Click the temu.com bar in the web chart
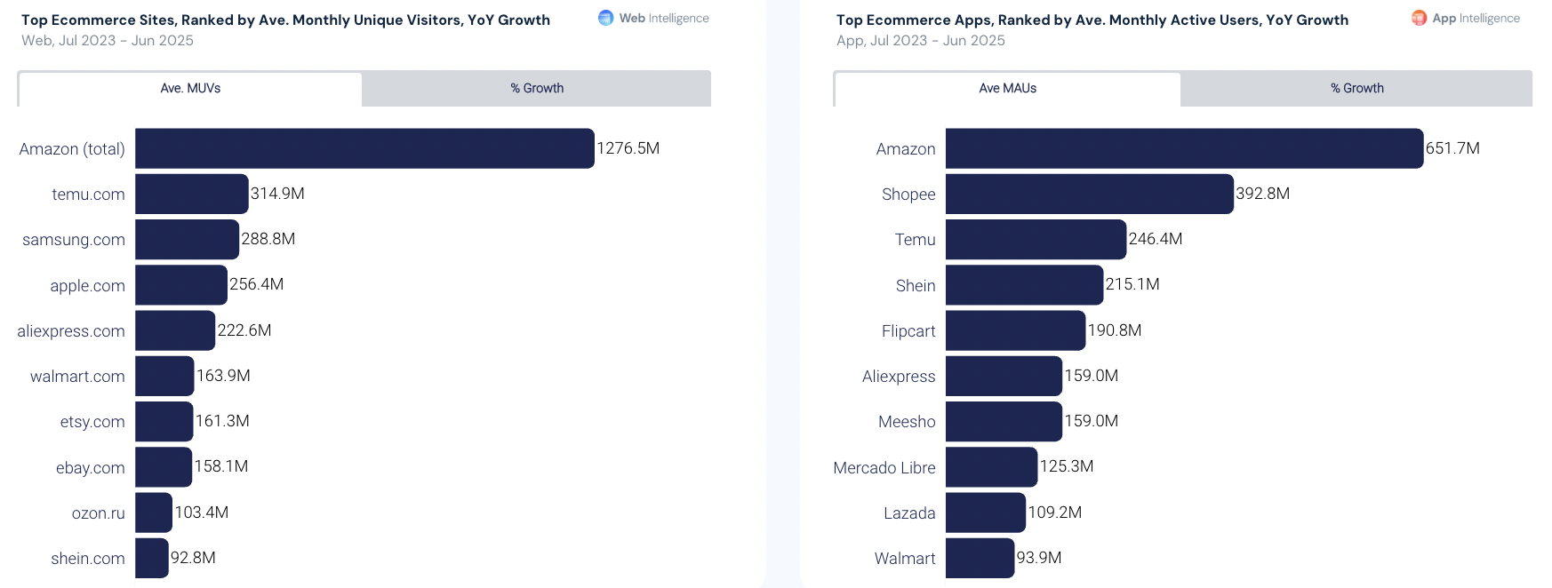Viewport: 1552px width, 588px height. tap(191, 194)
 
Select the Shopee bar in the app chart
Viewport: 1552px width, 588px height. tap(1089, 194)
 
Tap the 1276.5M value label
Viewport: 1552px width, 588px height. tap(628, 148)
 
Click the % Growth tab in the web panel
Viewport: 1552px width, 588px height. tap(537, 89)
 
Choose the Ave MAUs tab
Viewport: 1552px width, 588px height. tap(1007, 89)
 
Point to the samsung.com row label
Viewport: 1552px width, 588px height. tap(74, 240)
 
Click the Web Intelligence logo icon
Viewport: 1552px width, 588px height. tap(605, 18)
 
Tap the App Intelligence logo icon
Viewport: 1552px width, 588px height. tap(1419, 18)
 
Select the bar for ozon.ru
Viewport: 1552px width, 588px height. tap(154, 513)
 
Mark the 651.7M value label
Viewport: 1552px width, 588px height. tap(1452, 148)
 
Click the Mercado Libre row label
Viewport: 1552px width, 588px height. tap(884, 468)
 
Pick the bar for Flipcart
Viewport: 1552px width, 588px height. tap(1015, 330)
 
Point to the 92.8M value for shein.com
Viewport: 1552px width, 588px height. tap(193, 558)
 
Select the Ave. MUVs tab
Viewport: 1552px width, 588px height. tap(190, 89)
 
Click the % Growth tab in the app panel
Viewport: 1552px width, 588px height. tap(1356, 89)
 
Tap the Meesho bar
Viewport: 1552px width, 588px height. tap(1004, 422)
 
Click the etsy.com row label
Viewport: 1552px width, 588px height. tap(92, 422)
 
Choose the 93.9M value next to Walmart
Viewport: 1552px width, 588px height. tap(1039, 558)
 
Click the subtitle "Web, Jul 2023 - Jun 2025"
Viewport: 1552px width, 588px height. tap(108, 41)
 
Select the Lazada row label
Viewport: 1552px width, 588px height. tap(909, 513)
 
